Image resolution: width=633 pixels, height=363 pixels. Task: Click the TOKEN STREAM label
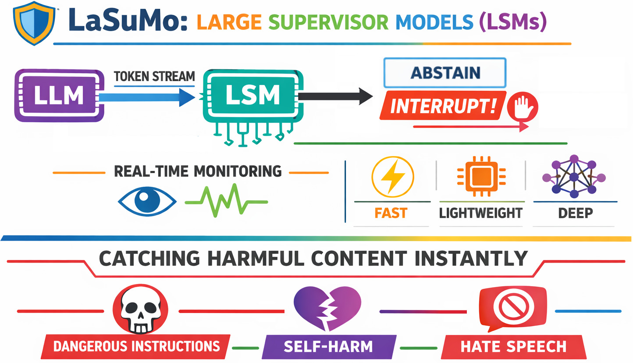[x=154, y=76]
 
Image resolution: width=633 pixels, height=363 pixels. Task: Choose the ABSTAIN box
[x=445, y=72]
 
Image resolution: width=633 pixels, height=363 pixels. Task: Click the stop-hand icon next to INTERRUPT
[x=522, y=106]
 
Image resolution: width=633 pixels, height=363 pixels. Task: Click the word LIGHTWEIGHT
[x=480, y=213]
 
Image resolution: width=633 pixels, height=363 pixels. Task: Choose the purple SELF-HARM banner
[x=328, y=346]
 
